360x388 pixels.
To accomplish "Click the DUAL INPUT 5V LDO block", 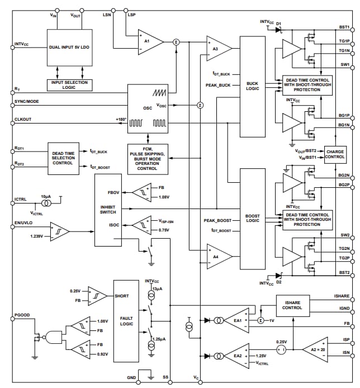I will (x=70, y=48).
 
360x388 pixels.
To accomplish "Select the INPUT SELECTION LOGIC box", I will (x=70, y=85).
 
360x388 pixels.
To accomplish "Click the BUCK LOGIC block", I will (x=252, y=87).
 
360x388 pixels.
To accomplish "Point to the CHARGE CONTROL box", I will (x=335, y=154).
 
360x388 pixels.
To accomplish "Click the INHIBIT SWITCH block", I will (x=107, y=210).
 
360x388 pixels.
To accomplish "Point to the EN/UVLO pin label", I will (x=24, y=223).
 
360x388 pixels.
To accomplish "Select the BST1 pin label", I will (x=344, y=27).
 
